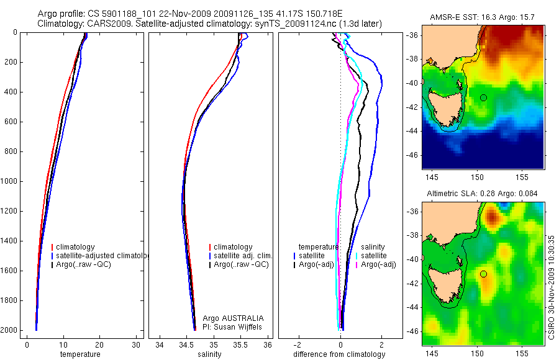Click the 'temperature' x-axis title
click(80, 354)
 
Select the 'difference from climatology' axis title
click(339, 354)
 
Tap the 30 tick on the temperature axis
click(136, 344)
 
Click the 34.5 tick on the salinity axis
click(186, 344)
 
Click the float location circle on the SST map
click(483, 97)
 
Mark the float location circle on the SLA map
click(483, 274)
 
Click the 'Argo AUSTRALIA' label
click(229, 318)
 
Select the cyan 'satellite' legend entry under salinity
click(372, 256)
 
